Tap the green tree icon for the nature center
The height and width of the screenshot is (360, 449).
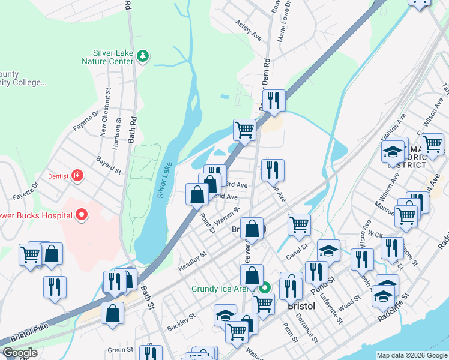(x=142, y=57)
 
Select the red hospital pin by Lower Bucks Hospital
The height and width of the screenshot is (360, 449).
(x=82, y=215)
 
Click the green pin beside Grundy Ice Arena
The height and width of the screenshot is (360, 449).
(x=267, y=289)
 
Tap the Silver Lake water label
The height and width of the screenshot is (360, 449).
(x=164, y=180)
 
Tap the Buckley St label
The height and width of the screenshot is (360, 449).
(x=181, y=323)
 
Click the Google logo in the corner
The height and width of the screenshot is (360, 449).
(x=19, y=353)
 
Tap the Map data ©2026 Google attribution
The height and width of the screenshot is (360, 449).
(x=411, y=355)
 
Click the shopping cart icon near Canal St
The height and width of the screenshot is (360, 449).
(x=299, y=225)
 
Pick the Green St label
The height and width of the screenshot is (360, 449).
(x=121, y=350)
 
